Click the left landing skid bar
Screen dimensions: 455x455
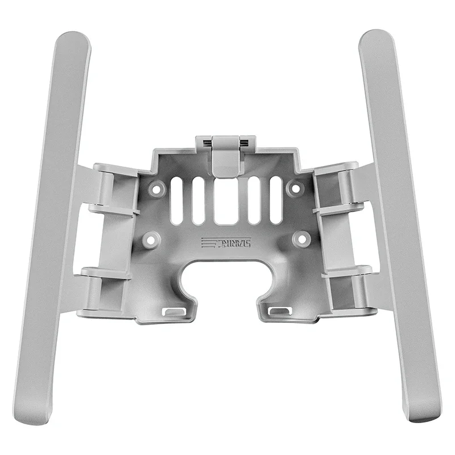pyautogui.click(x=54, y=227)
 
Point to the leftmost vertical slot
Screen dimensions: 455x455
pyautogui.click(x=177, y=198)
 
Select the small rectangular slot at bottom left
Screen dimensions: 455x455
pyautogui.click(x=174, y=311)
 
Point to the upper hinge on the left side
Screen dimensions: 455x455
pyautogui.click(x=108, y=188)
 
